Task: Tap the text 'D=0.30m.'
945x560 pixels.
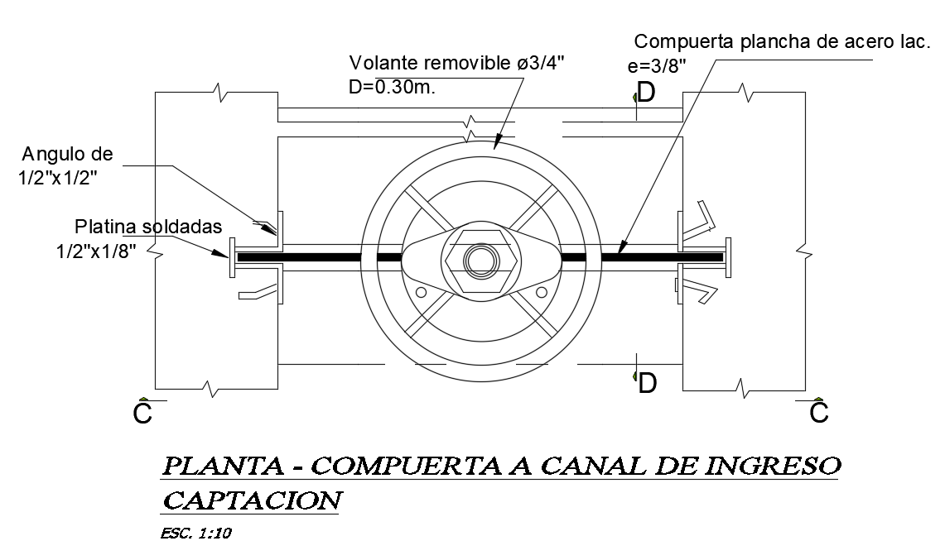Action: coord(392,87)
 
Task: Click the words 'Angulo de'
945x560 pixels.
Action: coord(68,154)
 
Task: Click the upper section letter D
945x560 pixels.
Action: coord(646,93)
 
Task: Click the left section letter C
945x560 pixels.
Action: coord(142,413)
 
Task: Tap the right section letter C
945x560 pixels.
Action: coord(818,412)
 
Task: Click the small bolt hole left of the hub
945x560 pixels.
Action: coord(421,292)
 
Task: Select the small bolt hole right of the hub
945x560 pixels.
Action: coord(542,292)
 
